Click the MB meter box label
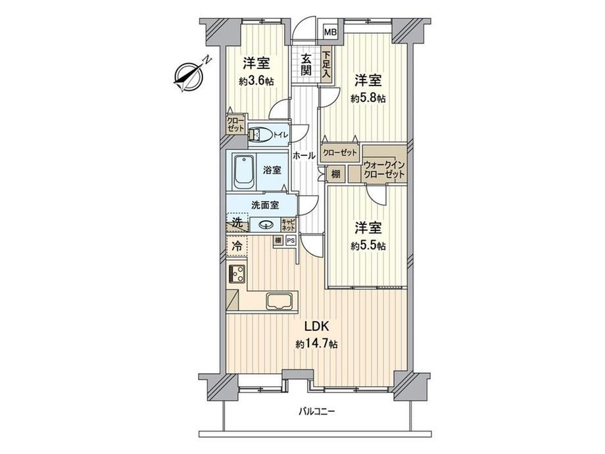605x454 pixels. coord(330,32)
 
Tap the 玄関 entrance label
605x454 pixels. coord(306,65)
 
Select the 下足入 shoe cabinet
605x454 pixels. coord(326,65)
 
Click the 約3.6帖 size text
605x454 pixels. coord(256,82)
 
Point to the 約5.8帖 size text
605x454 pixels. coord(368,99)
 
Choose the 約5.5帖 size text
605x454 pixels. coord(368,246)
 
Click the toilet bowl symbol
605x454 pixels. coord(259,135)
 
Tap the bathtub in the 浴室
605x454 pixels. coord(244,172)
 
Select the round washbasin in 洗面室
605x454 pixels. coord(265,224)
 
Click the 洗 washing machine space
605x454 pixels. coord(237,223)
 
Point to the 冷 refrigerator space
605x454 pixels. coord(237,245)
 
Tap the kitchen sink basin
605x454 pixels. coord(279,301)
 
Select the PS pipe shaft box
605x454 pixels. coord(291,241)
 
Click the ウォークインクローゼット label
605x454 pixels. coord(384,170)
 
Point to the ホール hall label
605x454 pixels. coord(304,156)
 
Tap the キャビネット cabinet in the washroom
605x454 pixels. coord(288,224)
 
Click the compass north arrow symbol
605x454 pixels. coord(189,76)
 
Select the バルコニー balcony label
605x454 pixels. coord(316,411)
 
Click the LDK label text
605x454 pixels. coord(316,326)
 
